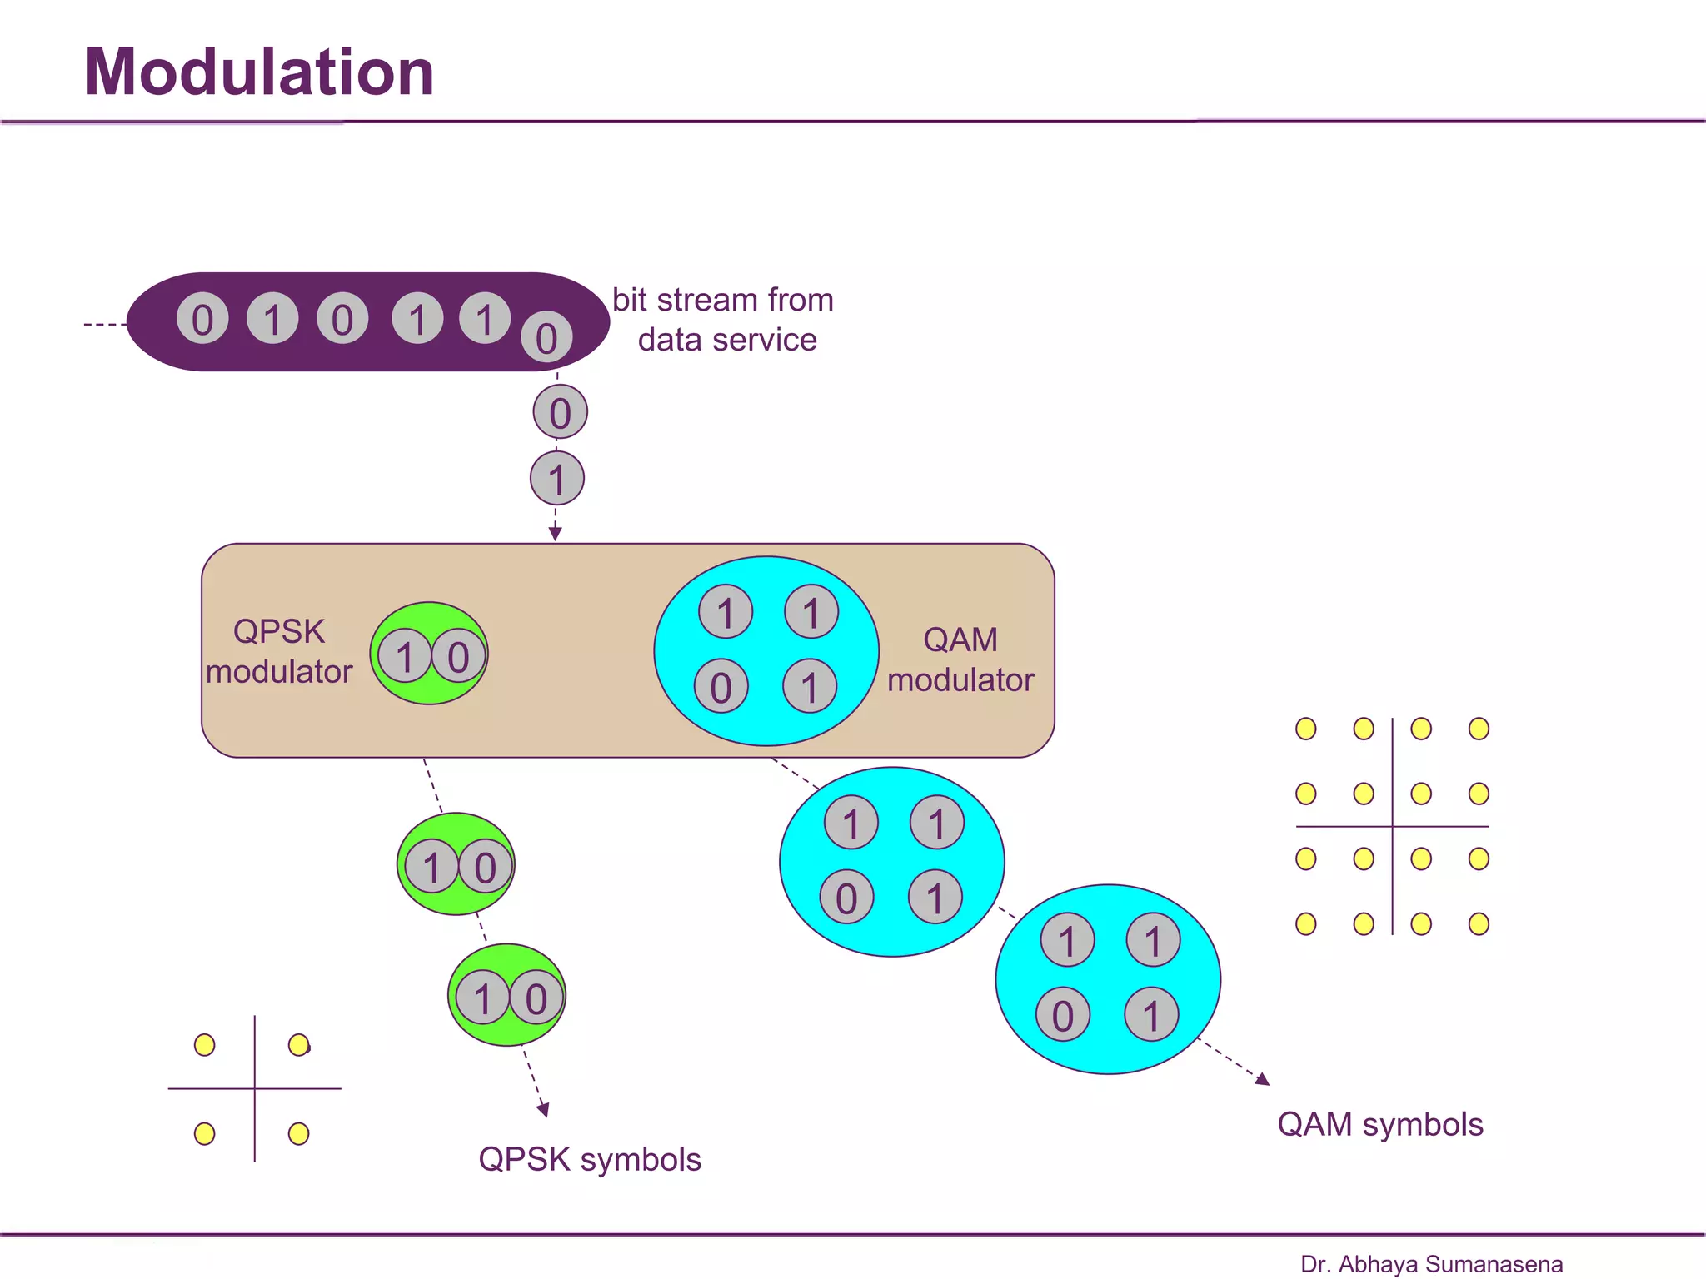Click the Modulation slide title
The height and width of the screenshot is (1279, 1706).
[259, 72]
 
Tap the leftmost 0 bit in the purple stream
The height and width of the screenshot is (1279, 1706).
[202, 319]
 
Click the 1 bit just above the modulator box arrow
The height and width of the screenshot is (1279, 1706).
[557, 479]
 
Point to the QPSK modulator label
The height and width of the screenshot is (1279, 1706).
[279, 651]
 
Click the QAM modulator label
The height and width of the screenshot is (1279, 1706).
[960, 659]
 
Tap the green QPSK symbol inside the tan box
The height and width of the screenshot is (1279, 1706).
[429, 654]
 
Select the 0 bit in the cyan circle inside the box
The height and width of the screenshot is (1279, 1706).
[721, 687]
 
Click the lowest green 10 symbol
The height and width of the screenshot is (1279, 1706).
[506, 996]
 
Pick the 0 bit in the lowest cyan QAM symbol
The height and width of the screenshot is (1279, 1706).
[1063, 1015]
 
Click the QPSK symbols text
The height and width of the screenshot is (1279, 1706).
[590, 1159]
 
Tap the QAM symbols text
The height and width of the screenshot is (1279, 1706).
[1380, 1124]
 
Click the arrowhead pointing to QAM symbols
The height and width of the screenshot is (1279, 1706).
[1264, 1080]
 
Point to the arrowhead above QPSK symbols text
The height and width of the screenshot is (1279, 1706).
[543, 1110]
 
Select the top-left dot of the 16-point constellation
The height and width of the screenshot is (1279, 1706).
[1306, 729]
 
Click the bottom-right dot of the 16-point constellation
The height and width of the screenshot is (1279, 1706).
[1479, 923]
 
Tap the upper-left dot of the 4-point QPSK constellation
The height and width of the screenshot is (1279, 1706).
[204, 1045]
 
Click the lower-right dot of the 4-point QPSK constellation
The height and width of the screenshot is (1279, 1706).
[298, 1133]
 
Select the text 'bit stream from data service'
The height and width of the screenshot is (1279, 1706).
[723, 320]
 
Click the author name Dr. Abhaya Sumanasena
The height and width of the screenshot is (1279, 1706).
[1431, 1264]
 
